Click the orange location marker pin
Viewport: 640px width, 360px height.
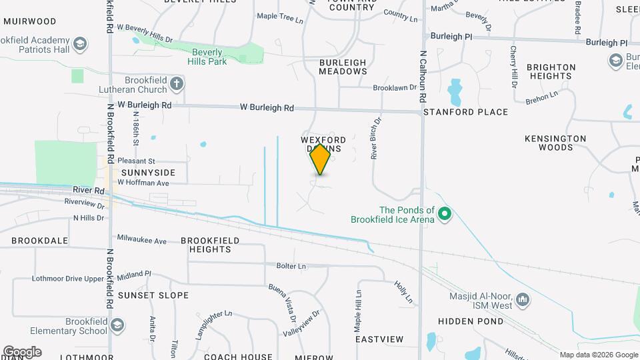coord(320,159)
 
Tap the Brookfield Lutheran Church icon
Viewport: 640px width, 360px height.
coord(176,84)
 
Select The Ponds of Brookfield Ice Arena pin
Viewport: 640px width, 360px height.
coord(445,215)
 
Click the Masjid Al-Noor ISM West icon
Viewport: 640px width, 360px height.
coord(523,299)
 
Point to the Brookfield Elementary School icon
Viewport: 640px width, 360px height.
coord(117,325)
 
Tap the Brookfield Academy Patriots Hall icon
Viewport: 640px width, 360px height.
coord(80,45)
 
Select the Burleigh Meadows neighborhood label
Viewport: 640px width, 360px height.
coord(343,67)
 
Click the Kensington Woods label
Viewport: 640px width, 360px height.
coord(555,143)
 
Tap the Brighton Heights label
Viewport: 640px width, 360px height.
coord(551,71)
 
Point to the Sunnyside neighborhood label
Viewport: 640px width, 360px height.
coord(148,172)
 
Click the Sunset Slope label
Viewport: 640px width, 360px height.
coord(153,295)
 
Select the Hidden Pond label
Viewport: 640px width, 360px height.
coord(470,321)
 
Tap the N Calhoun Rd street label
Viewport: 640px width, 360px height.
coord(423,77)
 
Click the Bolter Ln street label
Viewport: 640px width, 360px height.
coord(291,266)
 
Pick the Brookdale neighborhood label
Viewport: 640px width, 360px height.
coord(39,240)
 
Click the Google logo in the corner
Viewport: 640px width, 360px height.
coord(22,351)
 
